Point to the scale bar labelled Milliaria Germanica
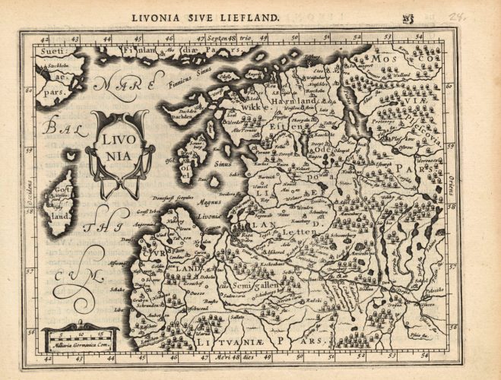pos(80,335)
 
